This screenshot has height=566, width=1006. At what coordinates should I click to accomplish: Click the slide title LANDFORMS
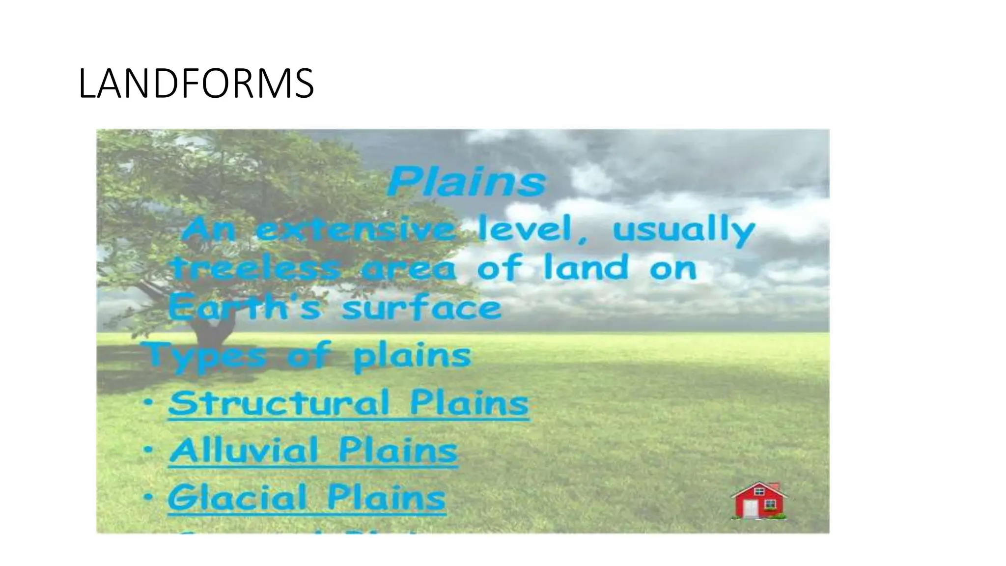(196, 84)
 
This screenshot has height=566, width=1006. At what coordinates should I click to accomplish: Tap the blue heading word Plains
(466, 182)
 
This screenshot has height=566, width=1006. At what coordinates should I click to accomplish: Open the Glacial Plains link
(307, 497)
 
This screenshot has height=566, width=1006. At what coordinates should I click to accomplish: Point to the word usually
(683, 231)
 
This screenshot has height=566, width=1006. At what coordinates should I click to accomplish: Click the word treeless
(255, 269)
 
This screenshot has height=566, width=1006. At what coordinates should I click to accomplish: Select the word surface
(421, 309)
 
